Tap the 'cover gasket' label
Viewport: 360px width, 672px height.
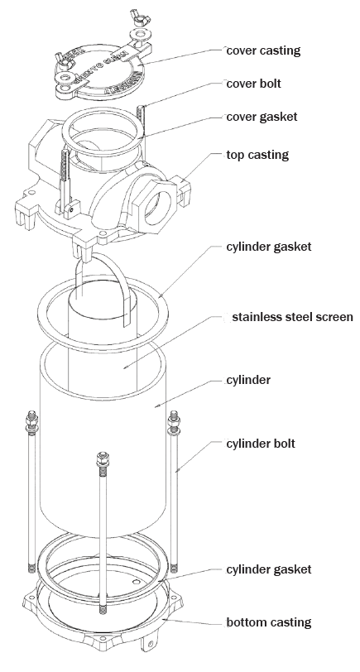[x=262, y=117]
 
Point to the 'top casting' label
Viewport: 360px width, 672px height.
[x=256, y=155]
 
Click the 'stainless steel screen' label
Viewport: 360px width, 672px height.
[x=292, y=317]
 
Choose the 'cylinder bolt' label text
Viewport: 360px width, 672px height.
[x=261, y=444]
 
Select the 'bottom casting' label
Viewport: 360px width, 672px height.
[x=268, y=622]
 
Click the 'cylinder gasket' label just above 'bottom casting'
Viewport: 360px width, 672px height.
[x=268, y=569]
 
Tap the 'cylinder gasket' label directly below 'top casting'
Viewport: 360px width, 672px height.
[x=268, y=247]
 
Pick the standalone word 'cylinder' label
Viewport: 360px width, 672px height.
[x=249, y=380]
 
